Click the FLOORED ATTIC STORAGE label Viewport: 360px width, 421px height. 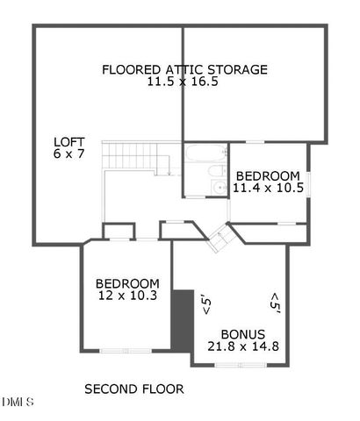pyautogui.click(x=184, y=69)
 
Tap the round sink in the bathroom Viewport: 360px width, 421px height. pyautogui.click(x=219, y=186)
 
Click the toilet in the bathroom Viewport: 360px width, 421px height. pyautogui.click(x=197, y=187)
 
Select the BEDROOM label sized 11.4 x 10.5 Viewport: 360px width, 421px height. pyautogui.click(x=267, y=175)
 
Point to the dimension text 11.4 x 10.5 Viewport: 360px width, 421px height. pyautogui.click(x=267, y=188)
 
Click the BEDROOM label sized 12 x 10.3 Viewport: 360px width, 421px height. pyautogui.click(x=127, y=283)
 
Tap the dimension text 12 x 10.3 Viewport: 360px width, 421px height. pyautogui.click(x=127, y=296)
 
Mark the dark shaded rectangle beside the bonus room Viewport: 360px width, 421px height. pyautogui.click(x=182, y=319)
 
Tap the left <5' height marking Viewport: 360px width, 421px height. pyautogui.click(x=207, y=303)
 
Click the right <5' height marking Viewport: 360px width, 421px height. pyautogui.click(x=275, y=303)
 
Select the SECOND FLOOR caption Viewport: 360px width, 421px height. pyautogui.click(x=133, y=389)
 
